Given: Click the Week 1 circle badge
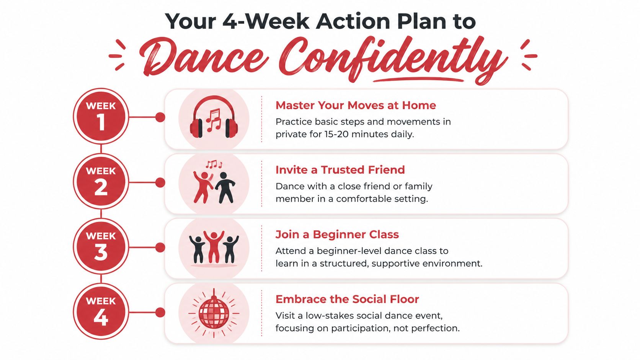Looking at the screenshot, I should (101, 117).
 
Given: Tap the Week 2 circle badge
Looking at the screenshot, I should (101, 182).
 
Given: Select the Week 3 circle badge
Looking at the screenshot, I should (101, 247).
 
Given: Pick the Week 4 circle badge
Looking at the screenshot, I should (101, 312).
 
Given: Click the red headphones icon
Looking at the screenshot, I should (214, 118).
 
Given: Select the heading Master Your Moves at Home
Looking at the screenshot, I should (356, 105).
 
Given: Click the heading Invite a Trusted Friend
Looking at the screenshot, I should (340, 170).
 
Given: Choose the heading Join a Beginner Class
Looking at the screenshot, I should (337, 235).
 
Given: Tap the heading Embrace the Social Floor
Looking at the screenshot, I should (347, 299).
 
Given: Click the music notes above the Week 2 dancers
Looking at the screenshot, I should (213, 165).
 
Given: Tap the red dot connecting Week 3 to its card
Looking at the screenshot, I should (160, 248).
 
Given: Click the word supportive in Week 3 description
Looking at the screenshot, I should (399, 264).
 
